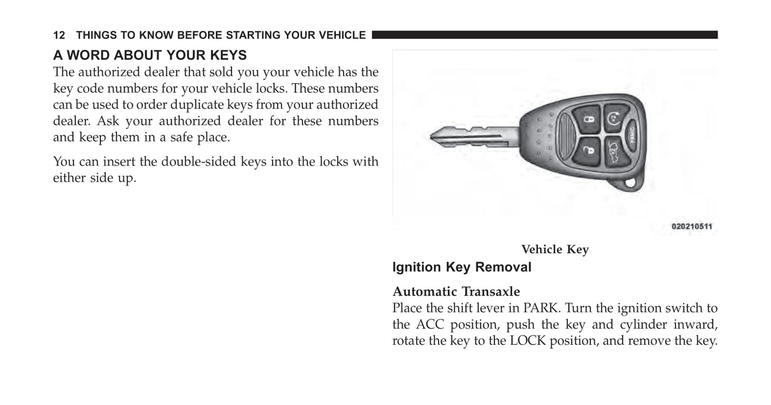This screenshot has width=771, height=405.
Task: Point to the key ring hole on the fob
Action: (631, 182)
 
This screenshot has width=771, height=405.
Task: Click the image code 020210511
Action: (691, 226)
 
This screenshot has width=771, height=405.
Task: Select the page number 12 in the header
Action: (59, 36)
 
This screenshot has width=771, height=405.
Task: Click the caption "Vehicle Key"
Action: (555, 250)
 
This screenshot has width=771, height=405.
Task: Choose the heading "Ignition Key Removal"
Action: (462, 267)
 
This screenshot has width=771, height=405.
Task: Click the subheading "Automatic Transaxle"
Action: (456, 292)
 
